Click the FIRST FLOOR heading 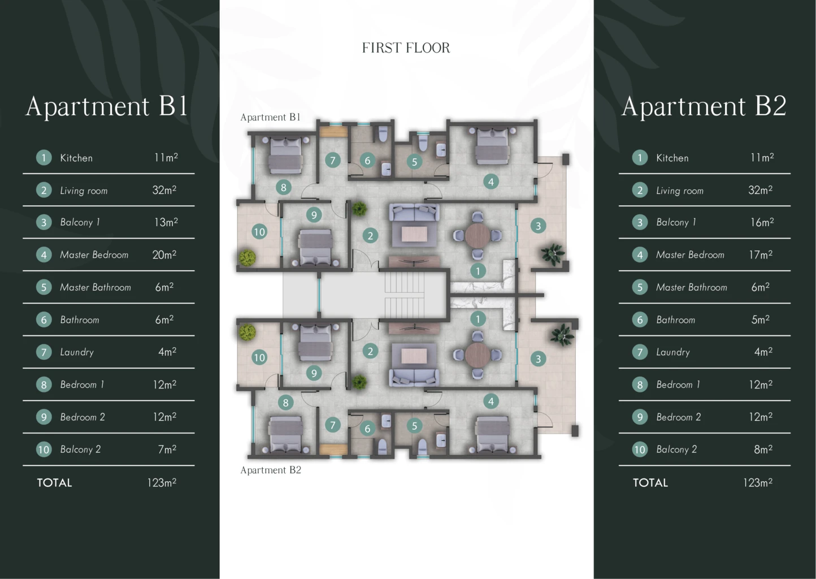click(406, 47)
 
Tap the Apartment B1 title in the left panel click(106, 106)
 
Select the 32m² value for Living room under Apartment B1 click(164, 190)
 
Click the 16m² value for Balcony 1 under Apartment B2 click(762, 222)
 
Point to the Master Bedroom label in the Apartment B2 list click(690, 254)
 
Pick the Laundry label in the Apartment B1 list click(77, 352)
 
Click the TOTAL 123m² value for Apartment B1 click(162, 482)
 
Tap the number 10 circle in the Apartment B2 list click(640, 450)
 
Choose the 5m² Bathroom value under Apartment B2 click(760, 319)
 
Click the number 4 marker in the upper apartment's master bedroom click(491, 182)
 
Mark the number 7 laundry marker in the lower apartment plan click(333, 425)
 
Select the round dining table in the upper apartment click(477, 235)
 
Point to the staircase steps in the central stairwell click(405, 295)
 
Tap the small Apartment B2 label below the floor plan click(271, 470)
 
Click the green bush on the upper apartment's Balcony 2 click(248, 257)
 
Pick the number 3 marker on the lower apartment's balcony click(538, 359)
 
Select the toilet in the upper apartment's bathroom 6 click(383, 135)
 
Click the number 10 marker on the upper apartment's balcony click(259, 231)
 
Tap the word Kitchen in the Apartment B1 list click(76, 158)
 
